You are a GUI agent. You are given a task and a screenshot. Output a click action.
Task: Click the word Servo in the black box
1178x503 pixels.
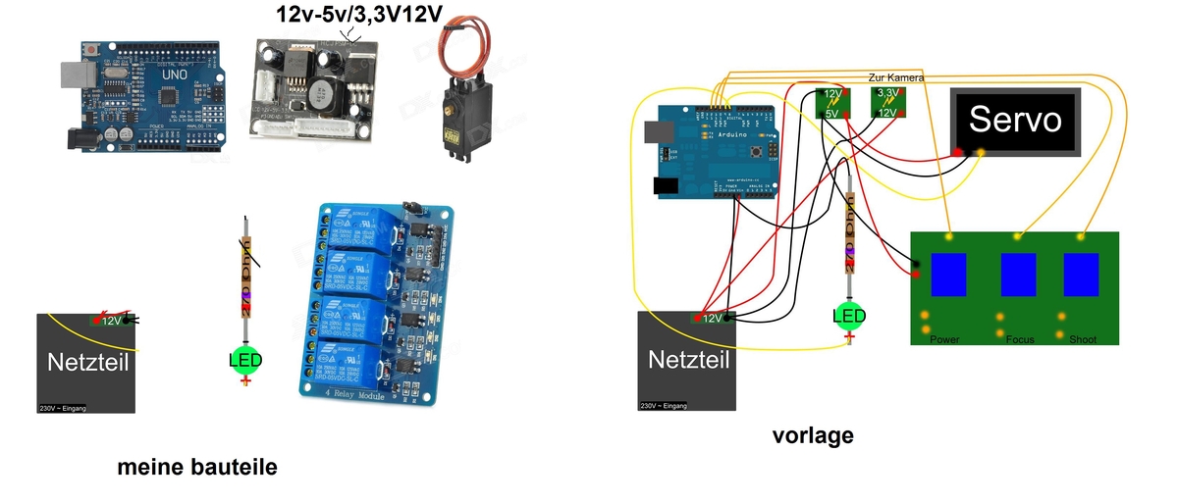click(1015, 120)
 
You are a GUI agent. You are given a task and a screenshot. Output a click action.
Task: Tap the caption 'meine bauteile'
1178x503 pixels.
click(197, 468)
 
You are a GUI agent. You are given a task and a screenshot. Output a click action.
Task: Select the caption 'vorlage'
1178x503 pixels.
click(814, 435)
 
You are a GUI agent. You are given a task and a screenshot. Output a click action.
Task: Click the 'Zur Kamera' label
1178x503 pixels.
click(896, 77)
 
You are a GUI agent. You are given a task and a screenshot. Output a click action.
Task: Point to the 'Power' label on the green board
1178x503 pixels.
click(944, 339)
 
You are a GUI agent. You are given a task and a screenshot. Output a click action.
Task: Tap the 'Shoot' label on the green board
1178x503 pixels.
click(1084, 339)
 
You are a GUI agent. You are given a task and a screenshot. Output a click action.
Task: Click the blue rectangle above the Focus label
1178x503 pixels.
click(1018, 276)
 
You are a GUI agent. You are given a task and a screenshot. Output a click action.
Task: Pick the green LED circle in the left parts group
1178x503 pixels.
click(245, 361)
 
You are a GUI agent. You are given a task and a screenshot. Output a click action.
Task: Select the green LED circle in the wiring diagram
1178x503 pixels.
click(849, 316)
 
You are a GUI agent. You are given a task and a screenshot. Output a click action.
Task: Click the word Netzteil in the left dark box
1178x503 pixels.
click(87, 364)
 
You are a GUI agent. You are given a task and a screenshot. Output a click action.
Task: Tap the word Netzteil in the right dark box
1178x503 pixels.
click(689, 360)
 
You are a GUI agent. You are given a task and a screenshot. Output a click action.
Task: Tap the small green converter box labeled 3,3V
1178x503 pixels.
click(889, 102)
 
